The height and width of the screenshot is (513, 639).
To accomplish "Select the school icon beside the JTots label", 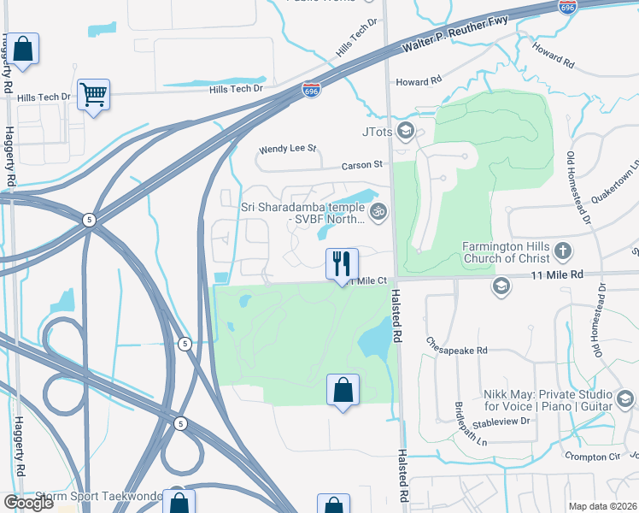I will click(x=406, y=131).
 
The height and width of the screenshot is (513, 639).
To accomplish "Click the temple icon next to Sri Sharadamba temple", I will click(x=378, y=209).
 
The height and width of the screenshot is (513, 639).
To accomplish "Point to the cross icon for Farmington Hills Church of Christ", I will click(x=562, y=251).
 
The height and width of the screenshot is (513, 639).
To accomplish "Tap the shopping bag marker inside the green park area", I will click(x=342, y=392).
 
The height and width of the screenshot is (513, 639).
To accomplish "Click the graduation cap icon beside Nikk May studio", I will click(x=624, y=399).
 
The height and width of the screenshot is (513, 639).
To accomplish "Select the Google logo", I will click(x=28, y=503).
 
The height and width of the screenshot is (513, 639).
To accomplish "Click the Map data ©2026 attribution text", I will click(x=602, y=506).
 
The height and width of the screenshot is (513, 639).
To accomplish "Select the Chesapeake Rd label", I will click(x=458, y=351).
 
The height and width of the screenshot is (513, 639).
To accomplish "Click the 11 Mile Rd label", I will click(x=558, y=275).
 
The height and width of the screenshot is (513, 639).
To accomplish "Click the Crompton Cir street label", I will click(x=589, y=457).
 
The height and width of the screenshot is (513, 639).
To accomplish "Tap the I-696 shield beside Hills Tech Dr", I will click(x=312, y=88).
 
